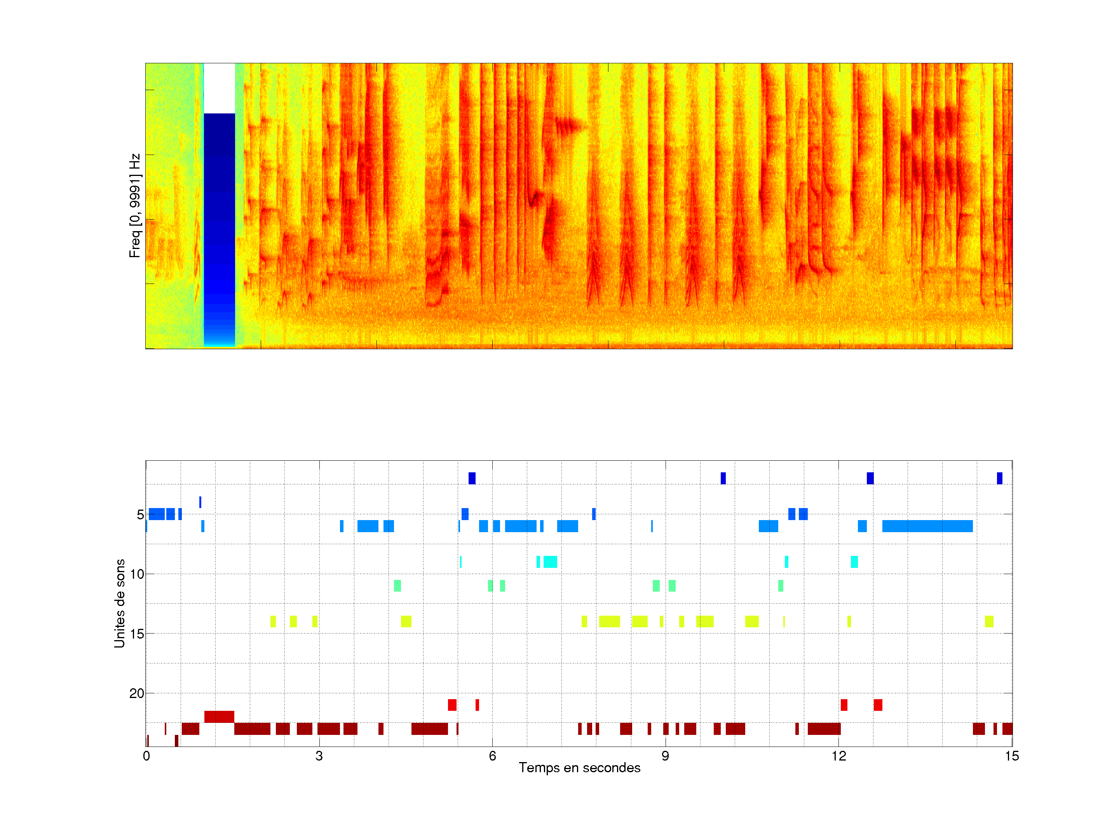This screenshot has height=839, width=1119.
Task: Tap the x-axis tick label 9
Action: click(x=665, y=756)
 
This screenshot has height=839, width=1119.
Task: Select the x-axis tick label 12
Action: click(x=838, y=756)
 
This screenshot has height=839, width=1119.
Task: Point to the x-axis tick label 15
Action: click(x=1011, y=756)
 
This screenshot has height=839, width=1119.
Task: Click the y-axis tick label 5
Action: click(x=140, y=515)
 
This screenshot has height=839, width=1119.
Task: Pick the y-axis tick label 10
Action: click(x=137, y=574)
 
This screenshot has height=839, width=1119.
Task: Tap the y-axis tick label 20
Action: click(x=137, y=693)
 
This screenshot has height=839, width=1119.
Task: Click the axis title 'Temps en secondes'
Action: click(x=579, y=768)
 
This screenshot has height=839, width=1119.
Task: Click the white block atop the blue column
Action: click(x=219, y=89)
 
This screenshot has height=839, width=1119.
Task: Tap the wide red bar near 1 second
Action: click(x=219, y=717)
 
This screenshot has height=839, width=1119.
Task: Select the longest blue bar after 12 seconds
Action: click(x=927, y=526)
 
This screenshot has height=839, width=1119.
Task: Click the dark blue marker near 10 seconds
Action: click(x=723, y=478)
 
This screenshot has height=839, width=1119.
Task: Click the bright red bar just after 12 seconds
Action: click(x=844, y=705)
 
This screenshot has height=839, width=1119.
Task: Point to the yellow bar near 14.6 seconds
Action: click(x=989, y=621)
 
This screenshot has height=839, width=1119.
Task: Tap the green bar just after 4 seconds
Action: click(x=397, y=586)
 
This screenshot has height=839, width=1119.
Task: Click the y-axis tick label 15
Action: click(x=137, y=634)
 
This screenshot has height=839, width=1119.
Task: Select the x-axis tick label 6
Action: click(x=492, y=756)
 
